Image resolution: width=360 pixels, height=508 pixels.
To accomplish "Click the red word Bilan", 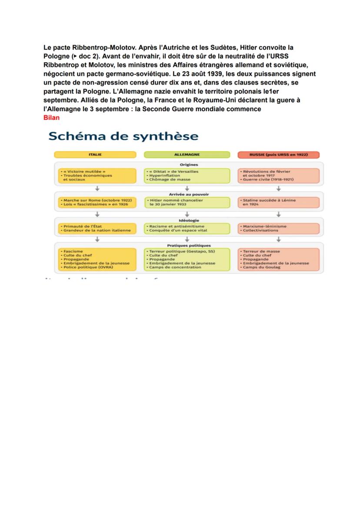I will (51, 117).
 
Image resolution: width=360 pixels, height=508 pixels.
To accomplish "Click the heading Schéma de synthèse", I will (123, 136).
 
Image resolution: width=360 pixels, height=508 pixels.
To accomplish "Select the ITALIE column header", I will (95, 155).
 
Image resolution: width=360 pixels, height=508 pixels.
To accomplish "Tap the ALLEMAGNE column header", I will (187, 155).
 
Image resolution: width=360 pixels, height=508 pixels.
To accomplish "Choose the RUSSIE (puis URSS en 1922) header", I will (278, 155).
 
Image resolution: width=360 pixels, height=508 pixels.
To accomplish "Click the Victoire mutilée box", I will (95, 175).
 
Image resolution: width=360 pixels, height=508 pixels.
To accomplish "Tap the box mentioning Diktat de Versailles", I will (187, 175).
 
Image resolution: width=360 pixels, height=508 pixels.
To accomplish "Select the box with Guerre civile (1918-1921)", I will (278, 175).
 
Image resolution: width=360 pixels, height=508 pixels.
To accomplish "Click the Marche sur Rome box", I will (95, 202).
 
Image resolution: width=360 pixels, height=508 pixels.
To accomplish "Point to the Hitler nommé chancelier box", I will (187, 202).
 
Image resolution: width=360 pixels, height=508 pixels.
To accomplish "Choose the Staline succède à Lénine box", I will (278, 202).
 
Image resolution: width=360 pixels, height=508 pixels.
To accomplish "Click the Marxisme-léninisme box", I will (278, 228).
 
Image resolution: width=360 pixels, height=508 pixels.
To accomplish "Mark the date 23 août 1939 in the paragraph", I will (203, 74).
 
